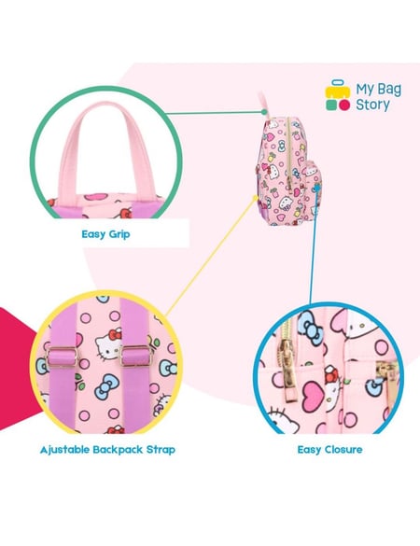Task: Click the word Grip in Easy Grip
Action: [x=119, y=234]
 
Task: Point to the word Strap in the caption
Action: [x=161, y=450]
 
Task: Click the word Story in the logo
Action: [x=372, y=105]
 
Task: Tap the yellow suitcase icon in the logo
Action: [x=338, y=90]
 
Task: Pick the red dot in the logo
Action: [x=344, y=105]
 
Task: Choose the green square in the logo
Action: [x=331, y=105]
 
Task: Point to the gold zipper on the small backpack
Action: [x=288, y=155]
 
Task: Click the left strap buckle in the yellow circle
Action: [x=62, y=357]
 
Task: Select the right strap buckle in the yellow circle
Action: [x=136, y=356]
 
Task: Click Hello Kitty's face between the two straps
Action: [x=107, y=343]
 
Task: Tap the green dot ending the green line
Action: [x=264, y=112]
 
